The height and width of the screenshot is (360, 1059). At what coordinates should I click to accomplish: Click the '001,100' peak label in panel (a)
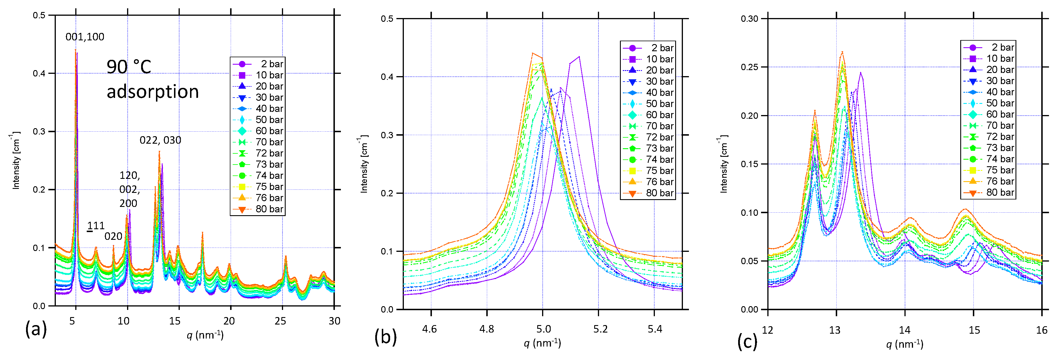click(x=85, y=37)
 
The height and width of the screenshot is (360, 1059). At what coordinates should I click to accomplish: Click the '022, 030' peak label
click(x=160, y=141)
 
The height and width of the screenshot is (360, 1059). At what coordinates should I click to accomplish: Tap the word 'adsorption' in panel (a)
click(x=153, y=92)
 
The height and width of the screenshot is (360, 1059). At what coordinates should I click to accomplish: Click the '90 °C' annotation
click(x=129, y=67)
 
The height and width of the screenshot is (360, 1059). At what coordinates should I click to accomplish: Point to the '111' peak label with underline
click(x=96, y=226)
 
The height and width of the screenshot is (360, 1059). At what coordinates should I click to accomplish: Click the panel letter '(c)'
click(x=747, y=341)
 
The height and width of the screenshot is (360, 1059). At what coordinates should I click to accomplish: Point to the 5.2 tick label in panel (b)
click(x=600, y=329)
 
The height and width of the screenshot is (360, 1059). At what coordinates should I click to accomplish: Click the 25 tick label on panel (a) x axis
click(x=280, y=321)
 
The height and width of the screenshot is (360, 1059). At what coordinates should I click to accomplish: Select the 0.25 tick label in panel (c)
click(x=749, y=67)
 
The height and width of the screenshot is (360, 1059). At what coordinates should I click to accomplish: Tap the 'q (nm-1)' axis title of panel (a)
click(x=205, y=335)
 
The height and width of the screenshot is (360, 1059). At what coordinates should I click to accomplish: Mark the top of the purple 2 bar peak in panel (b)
click(x=579, y=57)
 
